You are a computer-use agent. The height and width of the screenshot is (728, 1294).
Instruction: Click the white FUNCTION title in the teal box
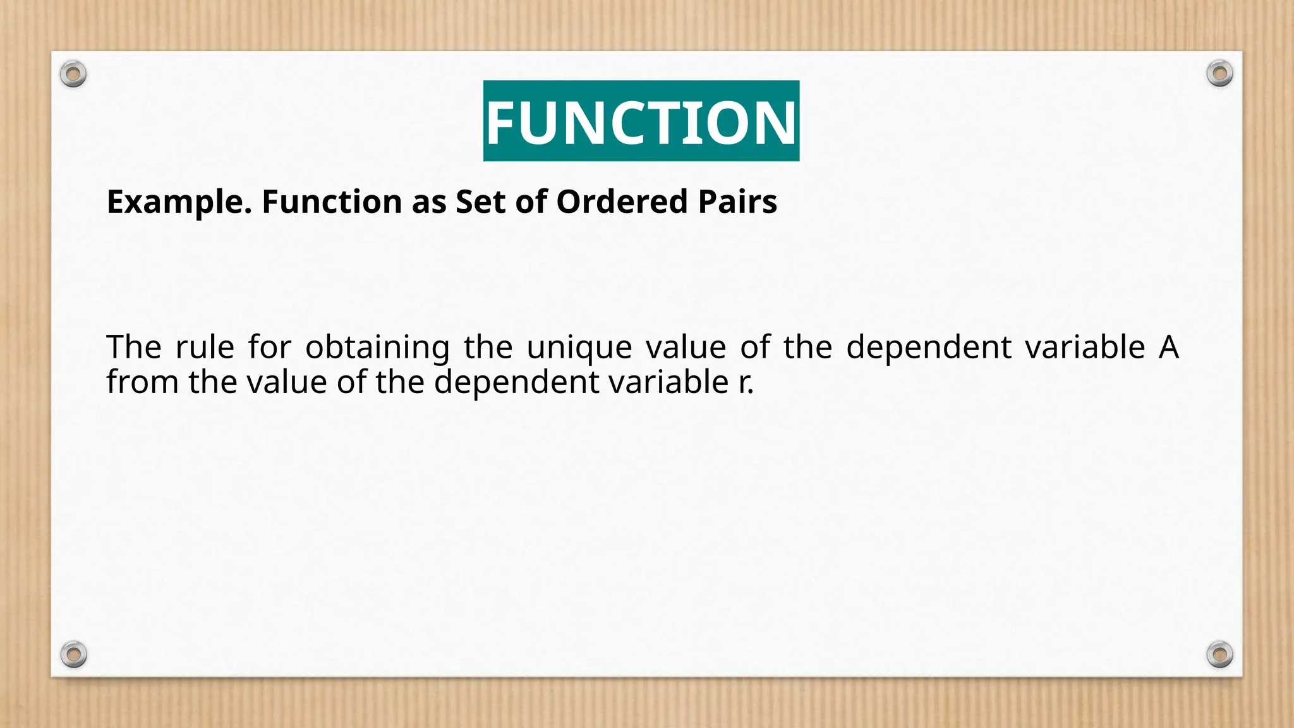[641, 121]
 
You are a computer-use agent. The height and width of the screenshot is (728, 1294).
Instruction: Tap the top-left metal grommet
[73, 75]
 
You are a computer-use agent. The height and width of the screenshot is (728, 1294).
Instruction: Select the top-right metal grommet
[1219, 74]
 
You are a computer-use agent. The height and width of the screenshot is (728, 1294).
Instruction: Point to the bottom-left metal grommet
[73, 654]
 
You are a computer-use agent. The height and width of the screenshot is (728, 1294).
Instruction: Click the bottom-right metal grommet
[1219, 654]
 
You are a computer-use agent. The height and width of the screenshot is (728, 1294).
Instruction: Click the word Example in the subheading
[179, 202]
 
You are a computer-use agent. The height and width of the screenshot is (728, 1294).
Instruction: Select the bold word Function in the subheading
[332, 202]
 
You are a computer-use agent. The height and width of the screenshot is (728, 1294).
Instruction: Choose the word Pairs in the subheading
[737, 202]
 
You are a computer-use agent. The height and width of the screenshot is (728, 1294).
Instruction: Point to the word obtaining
[377, 348]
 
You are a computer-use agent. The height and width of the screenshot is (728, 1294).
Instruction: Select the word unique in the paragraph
[579, 348]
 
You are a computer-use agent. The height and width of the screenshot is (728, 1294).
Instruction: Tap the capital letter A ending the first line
[1168, 347]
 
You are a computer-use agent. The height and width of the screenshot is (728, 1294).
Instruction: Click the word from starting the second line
[142, 382]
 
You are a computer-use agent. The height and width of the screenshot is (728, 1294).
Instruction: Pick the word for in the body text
[269, 347]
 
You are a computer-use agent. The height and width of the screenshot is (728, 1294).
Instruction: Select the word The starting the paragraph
[134, 347]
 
